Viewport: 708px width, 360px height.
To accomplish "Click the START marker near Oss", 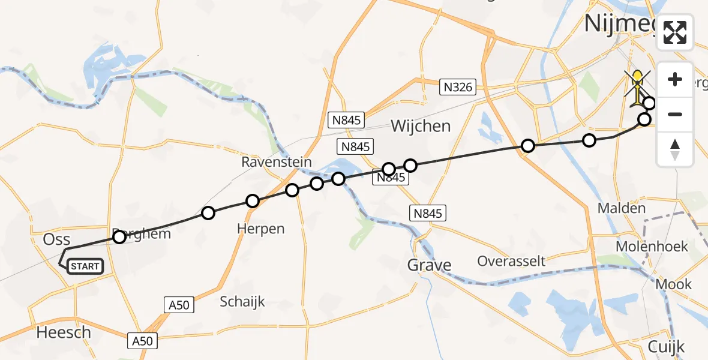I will (x=85, y=266).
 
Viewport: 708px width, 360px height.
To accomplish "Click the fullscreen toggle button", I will (x=675, y=32).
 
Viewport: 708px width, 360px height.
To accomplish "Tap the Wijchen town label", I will (x=421, y=126).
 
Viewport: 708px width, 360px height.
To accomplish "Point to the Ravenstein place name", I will (x=277, y=162).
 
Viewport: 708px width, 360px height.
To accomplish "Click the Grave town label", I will (x=429, y=265).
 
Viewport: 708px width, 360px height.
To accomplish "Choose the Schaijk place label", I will (x=242, y=301).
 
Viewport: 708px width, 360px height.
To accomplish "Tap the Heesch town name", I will (x=64, y=332).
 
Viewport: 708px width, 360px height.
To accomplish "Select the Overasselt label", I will (x=511, y=261).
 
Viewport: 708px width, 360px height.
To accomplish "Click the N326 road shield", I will (x=458, y=87).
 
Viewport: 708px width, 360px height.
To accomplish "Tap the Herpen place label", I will (x=260, y=229).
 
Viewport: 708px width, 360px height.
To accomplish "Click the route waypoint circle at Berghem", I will (x=119, y=237).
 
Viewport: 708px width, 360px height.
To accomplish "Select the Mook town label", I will (x=674, y=284).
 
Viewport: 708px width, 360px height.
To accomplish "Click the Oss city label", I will (x=57, y=240).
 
